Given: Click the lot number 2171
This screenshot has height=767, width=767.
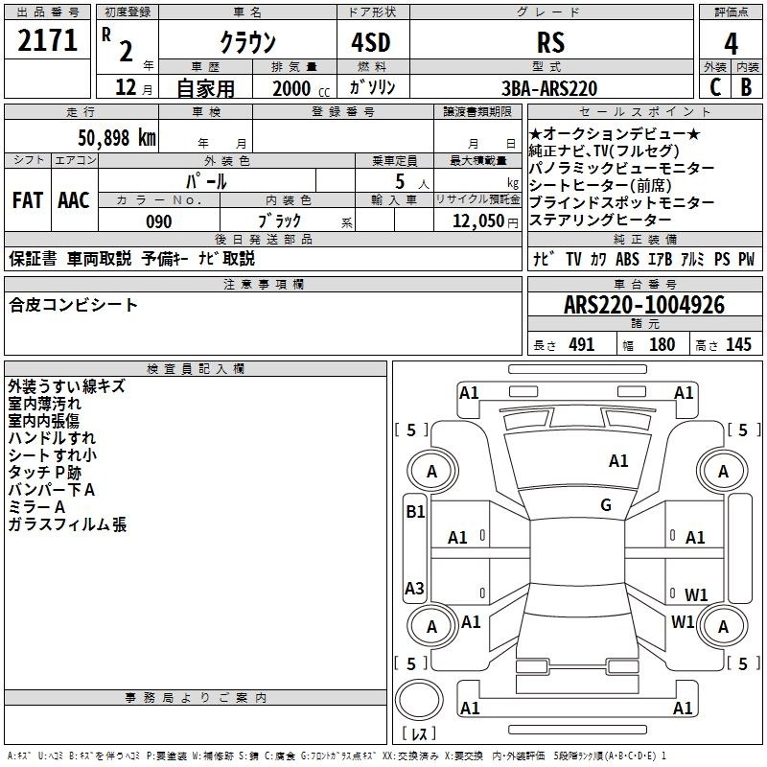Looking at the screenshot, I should click(x=48, y=40).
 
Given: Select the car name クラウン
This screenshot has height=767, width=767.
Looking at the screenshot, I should click(x=247, y=42).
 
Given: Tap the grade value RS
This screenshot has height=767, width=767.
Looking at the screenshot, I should click(x=550, y=42).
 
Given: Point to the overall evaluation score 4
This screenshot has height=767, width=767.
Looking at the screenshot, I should click(x=732, y=42).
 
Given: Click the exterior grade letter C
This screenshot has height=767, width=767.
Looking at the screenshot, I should click(x=714, y=87).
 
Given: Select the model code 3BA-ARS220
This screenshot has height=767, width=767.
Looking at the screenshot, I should click(x=549, y=88).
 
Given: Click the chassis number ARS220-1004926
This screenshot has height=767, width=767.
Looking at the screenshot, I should click(x=644, y=305).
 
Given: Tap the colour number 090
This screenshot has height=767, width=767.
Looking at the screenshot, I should click(x=158, y=221).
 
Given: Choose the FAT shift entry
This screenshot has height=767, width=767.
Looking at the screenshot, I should click(x=28, y=200).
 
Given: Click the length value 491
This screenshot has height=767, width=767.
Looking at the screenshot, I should click(x=582, y=345).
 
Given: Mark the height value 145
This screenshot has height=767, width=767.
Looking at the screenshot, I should click(x=738, y=345).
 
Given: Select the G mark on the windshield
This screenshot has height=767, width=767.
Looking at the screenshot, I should click(x=606, y=505).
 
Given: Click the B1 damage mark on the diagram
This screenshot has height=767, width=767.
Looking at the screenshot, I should click(x=415, y=512).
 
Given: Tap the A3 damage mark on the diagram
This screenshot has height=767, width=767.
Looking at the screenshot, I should click(x=415, y=588).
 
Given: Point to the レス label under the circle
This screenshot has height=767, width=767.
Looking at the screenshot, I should click(x=419, y=734).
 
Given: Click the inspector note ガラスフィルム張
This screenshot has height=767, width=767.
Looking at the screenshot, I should click(x=67, y=524).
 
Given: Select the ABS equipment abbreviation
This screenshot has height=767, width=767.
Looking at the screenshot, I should click(x=628, y=259).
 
